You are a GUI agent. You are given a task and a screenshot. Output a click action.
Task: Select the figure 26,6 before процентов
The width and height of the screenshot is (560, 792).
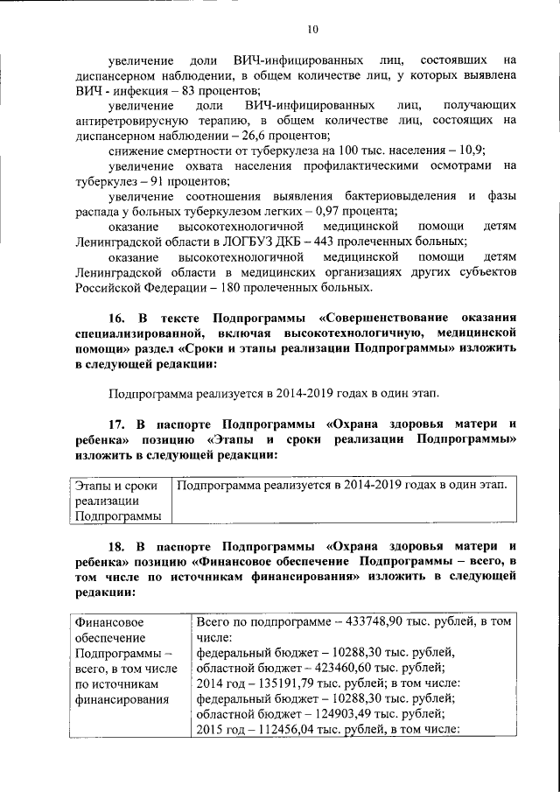tap(255, 136)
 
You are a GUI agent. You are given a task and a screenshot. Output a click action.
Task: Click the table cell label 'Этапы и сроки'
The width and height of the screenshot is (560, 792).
tap(115, 485)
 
